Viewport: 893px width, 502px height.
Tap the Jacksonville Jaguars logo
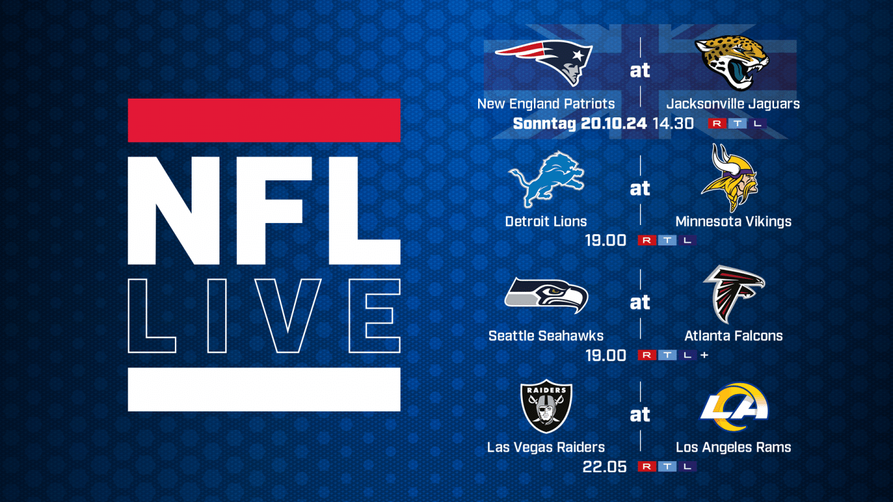[x=732, y=63]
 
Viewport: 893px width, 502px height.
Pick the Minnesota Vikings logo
[x=729, y=178]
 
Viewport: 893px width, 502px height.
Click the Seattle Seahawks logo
[x=546, y=296]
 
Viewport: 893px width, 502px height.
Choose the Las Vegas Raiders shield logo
[x=546, y=406]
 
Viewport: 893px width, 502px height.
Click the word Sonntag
[x=544, y=123]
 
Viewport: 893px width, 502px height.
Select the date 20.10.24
[x=614, y=123]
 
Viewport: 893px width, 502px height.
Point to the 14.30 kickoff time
[x=673, y=123]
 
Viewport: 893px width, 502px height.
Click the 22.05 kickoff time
[x=605, y=467]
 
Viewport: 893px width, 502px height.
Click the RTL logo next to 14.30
[x=737, y=124]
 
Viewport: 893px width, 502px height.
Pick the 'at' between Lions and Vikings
[x=640, y=188]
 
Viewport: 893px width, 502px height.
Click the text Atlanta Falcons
[x=734, y=336]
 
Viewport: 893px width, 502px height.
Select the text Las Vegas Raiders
[x=546, y=447]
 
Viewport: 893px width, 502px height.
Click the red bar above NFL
[x=264, y=120]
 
